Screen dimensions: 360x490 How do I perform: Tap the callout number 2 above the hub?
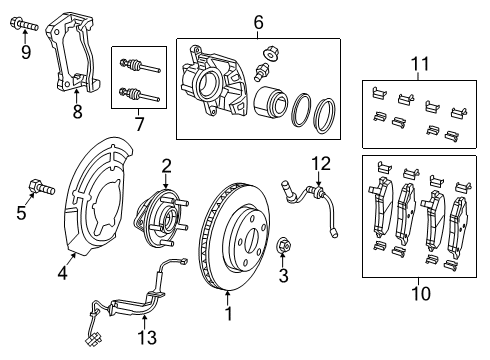[166, 166]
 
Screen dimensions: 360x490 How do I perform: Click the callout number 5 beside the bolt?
[19, 211]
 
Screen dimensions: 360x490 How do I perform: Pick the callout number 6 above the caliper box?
[257, 22]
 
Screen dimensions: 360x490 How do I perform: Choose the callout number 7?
[140, 126]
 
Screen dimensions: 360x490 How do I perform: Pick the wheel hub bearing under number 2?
[164, 212]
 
